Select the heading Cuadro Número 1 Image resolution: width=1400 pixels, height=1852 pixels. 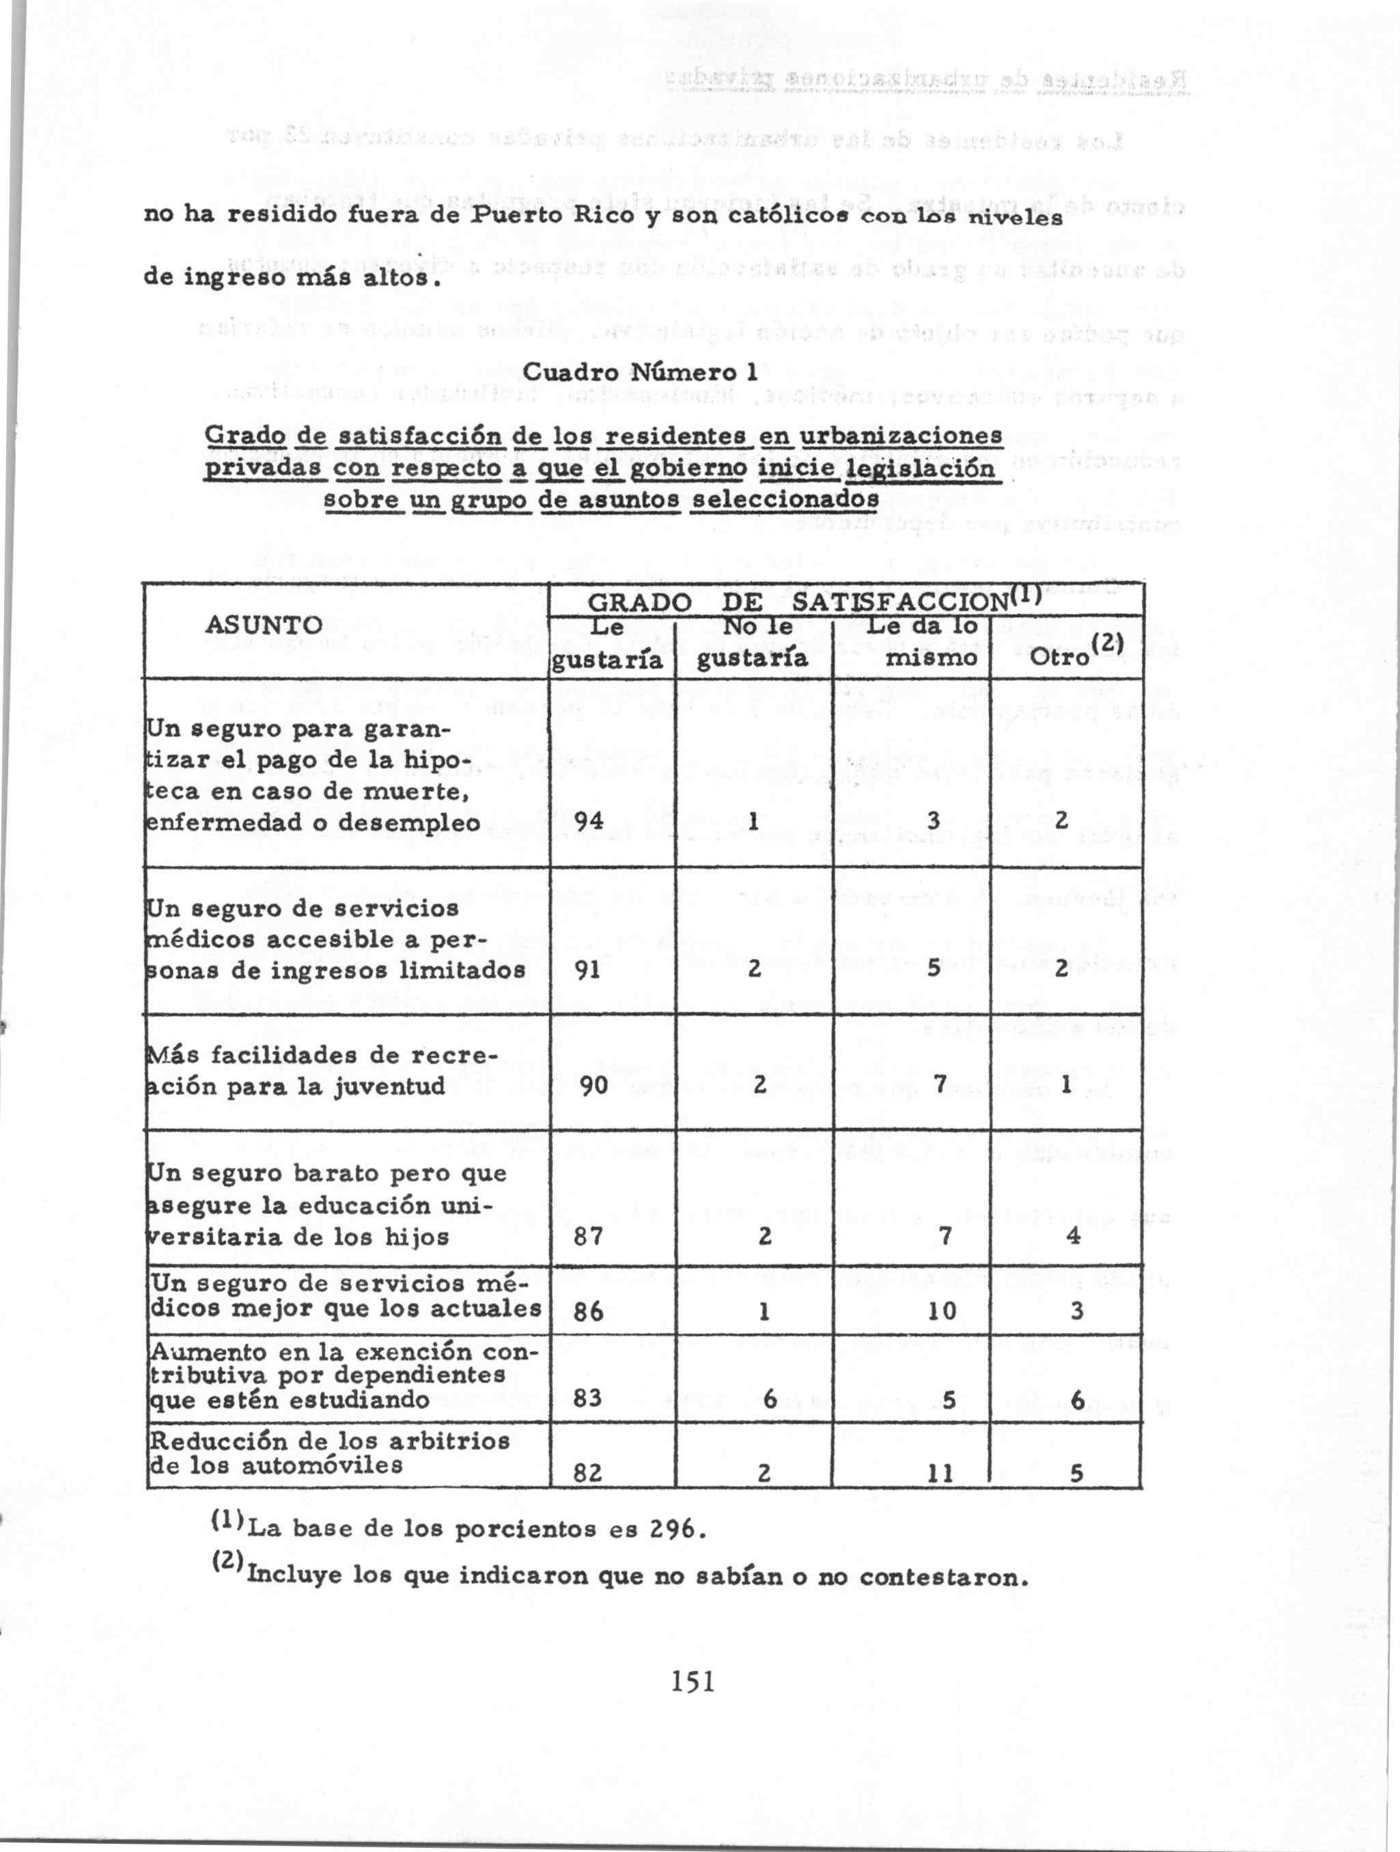tap(640, 371)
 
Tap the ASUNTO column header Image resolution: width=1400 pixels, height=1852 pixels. tap(264, 625)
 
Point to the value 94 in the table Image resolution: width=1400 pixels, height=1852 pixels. tap(589, 822)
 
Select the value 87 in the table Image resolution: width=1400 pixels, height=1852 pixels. tap(589, 1236)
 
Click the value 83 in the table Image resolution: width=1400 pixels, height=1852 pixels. tap(589, 1398)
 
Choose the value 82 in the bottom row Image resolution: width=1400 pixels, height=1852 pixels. tap(589, 1473)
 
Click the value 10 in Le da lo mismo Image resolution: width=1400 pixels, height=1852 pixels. tap(941, 1310)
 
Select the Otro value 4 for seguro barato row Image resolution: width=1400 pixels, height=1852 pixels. tap(1075, 1236)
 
